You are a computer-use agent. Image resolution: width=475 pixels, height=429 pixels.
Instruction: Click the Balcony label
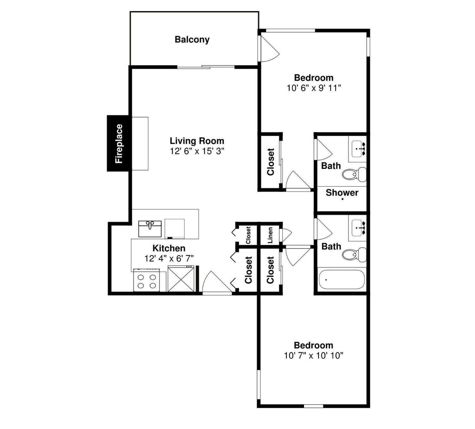tap(192, 40)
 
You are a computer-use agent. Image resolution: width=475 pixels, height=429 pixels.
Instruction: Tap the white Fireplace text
tap(119, 144)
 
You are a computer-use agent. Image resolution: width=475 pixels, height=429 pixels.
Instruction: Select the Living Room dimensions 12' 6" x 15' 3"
tap(197, 151)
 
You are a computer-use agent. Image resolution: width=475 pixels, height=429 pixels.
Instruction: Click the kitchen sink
tap(150, 229)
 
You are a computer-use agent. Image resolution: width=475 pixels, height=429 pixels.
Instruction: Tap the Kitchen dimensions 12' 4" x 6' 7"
tap(169, 258)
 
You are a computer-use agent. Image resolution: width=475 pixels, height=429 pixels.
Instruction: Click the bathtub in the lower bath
tap(342, 280)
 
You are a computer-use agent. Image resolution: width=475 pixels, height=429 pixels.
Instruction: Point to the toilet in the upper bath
tap(354, 174)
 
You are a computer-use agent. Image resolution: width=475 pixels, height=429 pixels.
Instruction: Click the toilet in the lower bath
tap(354, 254)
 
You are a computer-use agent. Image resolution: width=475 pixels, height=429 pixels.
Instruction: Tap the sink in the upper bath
tap(359, 149)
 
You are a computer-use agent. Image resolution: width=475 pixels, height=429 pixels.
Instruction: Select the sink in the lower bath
tap(359, 228)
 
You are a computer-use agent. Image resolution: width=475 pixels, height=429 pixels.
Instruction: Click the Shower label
tap(342, 193)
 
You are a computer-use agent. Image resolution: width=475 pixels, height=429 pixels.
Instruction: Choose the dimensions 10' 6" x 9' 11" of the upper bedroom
tap(314, 88)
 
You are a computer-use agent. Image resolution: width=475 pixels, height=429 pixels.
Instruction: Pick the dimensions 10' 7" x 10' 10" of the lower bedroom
tap(314, 356)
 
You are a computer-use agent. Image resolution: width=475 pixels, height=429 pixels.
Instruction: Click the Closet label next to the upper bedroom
tap(270, 162)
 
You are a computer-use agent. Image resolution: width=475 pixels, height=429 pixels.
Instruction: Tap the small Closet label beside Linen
tap(248, 235)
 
